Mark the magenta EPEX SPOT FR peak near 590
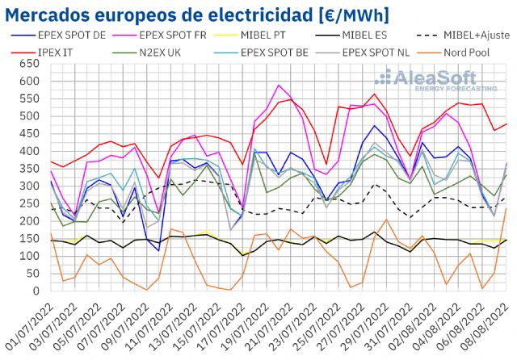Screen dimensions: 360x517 280,85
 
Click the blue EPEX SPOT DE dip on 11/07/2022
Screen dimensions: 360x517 158,250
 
